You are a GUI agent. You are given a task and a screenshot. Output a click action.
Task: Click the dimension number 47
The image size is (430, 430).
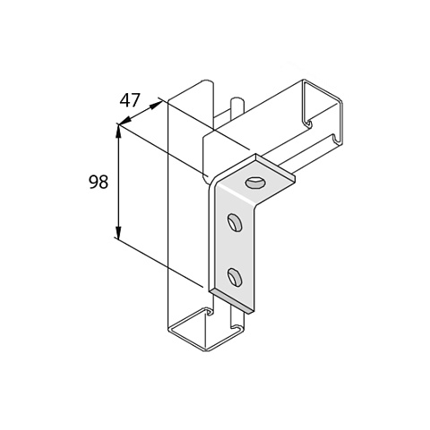click(130, 100)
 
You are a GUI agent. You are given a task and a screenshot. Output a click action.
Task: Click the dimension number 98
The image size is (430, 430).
click(99, 182)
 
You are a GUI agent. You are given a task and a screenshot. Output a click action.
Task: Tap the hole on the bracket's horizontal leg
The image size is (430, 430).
click(256, 183)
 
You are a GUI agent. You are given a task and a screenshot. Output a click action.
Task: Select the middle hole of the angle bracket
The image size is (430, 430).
click(235, 222)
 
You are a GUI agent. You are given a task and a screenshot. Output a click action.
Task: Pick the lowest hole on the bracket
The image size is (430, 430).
click(235, 277)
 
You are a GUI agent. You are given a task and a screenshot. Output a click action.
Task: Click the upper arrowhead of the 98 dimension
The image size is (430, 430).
click(118, 133)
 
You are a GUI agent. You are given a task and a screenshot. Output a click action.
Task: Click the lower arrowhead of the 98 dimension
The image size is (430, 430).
click(118, 232)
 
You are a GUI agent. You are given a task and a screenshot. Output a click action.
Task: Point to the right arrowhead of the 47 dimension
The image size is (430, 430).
click(155, 105)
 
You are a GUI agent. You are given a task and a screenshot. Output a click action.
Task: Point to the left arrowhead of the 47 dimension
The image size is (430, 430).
click(125, 121)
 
